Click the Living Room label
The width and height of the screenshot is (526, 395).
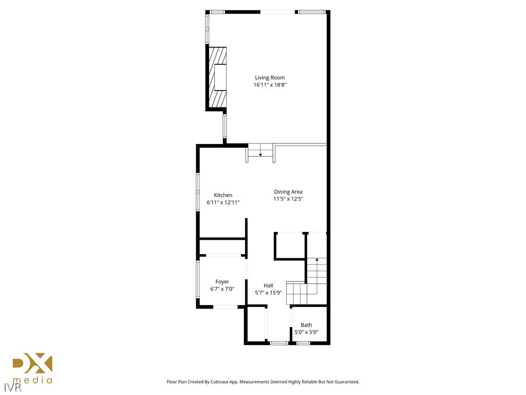[270, 78]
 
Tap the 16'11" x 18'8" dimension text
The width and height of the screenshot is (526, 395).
[270, 85]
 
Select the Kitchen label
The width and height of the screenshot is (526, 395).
[223, 195]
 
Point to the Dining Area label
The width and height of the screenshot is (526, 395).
[288, 192]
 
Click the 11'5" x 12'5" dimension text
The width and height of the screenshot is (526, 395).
[288, 199]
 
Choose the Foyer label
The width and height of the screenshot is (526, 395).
[222, 282]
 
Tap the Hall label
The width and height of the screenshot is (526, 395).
[268, 285]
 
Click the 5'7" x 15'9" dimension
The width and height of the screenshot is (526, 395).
[268, 293]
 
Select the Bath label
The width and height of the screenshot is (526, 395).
[306, 325]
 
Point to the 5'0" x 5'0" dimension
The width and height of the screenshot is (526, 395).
[306, 332]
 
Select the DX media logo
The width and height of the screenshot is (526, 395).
[32, 364]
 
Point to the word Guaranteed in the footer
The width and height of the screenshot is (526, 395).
[346, 382]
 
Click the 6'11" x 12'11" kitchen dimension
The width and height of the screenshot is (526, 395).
[223, 202]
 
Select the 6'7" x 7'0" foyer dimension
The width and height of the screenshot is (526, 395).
[222, 289]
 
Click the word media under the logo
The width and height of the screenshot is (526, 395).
[32, 381]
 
